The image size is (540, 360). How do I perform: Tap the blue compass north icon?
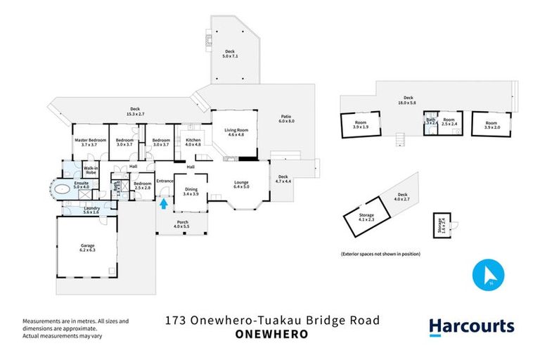pos(490,275)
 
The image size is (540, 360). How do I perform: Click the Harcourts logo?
pos(471,326)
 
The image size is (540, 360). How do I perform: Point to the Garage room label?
pos(87,247)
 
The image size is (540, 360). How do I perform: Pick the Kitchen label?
pos(193,142)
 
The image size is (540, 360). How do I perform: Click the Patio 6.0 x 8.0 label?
pos(286,119)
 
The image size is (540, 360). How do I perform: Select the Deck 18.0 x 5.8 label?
pos(408,100)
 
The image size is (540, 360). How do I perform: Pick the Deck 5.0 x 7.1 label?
pos(229,53)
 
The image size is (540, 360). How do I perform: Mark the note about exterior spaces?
pos(380,253)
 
